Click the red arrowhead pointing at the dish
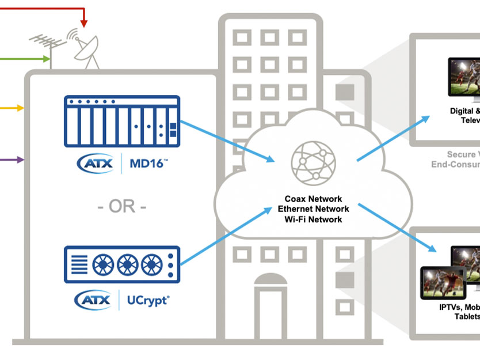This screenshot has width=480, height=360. tap(84, 22)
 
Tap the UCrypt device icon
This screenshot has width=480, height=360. tap(121, 264)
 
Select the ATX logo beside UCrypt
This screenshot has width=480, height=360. tap(94, 300)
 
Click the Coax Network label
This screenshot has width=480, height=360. tap(313, 199)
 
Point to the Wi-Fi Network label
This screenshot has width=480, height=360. tap(313, 219)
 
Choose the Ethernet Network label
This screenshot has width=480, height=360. tap(313, 209)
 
